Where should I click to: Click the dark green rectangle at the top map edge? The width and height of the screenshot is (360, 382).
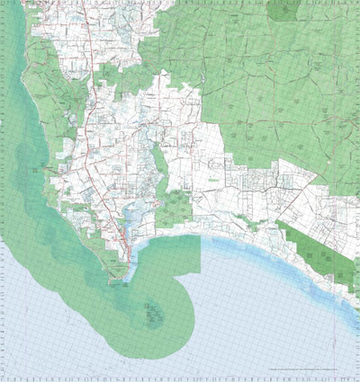[x=283, y=9]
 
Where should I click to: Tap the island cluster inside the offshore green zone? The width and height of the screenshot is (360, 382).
[x=151, y=315]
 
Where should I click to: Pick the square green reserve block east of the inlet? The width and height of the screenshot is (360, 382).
[x=174, y=209]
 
